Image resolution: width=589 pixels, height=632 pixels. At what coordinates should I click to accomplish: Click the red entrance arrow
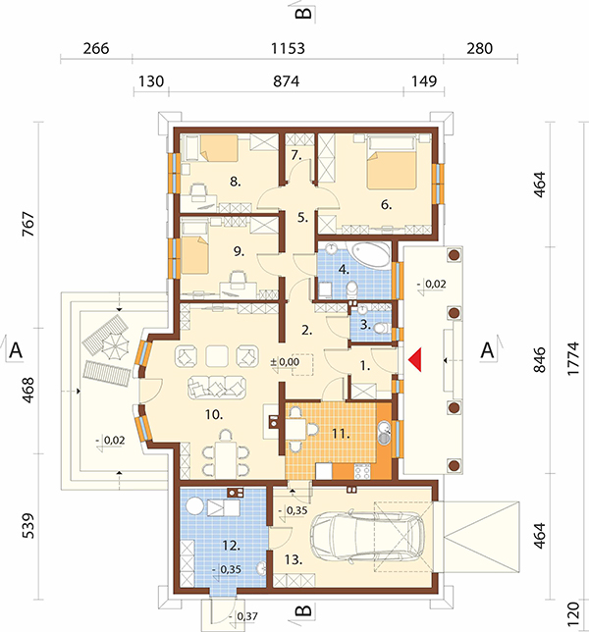415,359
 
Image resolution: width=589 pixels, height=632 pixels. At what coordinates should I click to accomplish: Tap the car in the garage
367,536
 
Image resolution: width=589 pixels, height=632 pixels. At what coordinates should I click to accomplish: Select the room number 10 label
214,414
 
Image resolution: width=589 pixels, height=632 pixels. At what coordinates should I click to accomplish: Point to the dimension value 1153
288,48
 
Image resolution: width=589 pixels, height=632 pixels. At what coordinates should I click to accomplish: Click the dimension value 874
286,81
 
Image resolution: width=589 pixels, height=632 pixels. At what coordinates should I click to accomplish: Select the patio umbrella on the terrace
115,345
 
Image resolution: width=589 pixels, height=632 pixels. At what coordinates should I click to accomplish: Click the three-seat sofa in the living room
217,387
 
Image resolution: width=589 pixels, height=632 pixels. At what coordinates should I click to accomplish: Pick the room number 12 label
232,546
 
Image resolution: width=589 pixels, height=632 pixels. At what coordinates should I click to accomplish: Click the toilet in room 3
381,328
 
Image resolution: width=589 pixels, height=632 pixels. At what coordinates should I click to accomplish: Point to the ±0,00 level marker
285,362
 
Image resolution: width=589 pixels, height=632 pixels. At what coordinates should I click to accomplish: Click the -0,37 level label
243,616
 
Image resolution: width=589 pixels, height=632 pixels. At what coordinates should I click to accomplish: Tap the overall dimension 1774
572,359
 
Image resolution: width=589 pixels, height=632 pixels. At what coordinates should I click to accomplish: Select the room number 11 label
341,434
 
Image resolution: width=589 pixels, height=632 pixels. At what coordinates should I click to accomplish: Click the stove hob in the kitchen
362,471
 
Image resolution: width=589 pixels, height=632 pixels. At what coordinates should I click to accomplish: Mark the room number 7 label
296,155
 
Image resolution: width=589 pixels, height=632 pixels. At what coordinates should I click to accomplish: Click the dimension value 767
28,224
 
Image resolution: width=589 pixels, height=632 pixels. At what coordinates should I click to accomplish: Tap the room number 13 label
294,559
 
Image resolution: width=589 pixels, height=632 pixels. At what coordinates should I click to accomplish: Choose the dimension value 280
480,48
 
